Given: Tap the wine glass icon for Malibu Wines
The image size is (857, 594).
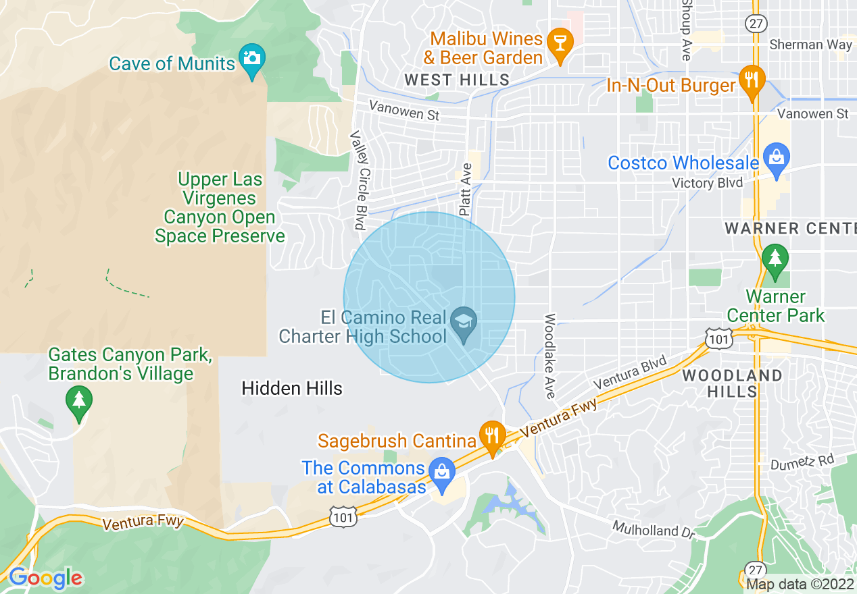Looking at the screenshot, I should [560, 43].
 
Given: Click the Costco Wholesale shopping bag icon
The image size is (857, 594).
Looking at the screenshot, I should [777, 159].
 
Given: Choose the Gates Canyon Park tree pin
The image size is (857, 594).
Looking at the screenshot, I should [79, 401].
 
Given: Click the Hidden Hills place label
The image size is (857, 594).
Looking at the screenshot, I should [292, 388].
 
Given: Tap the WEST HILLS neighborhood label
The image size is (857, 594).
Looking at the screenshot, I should [457, 80].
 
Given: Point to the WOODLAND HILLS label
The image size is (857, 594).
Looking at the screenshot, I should [733, 383].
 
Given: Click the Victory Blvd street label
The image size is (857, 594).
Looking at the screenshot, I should [707, 183].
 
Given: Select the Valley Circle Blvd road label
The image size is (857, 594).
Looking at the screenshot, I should [358, 180].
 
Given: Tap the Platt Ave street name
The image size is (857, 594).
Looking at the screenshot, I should [466, 189].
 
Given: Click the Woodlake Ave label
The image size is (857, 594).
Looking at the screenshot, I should [550, 356].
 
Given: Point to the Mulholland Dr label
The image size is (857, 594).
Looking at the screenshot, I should [654, 530].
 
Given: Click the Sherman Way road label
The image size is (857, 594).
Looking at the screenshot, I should [810, 45].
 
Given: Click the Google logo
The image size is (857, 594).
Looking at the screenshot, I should [45, 578].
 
